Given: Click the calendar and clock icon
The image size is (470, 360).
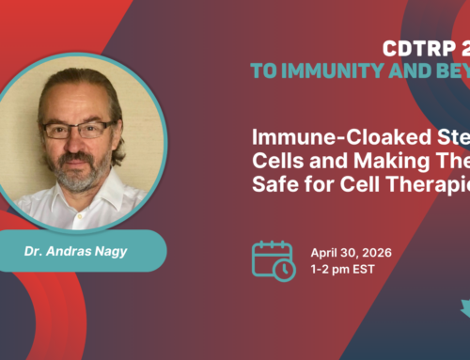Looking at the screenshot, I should point(274,260).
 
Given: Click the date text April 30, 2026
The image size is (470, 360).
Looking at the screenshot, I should point(352,253).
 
